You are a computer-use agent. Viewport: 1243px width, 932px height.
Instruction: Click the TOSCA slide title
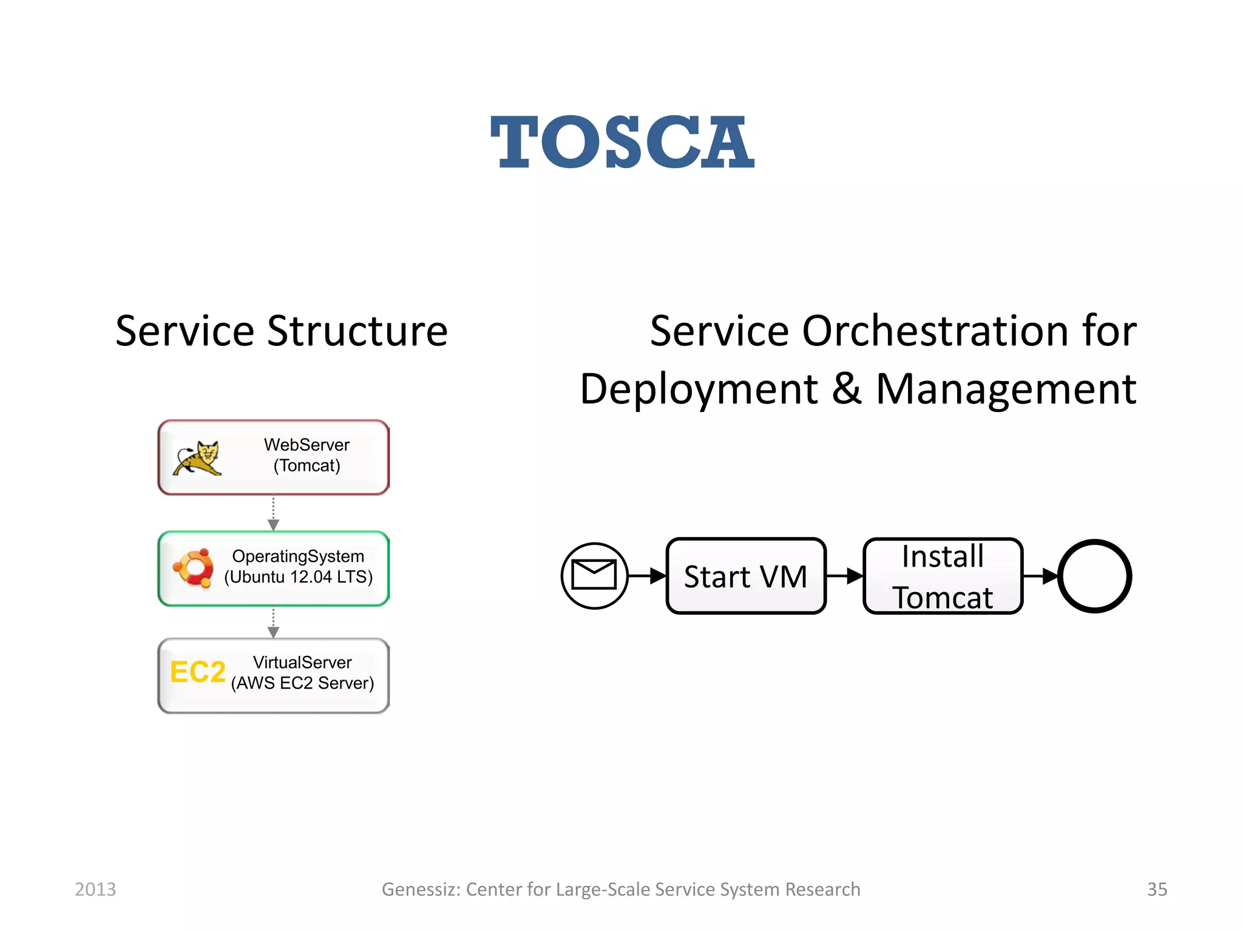click(622, 143)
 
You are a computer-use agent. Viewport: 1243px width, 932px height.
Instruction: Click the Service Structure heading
click(281, 332)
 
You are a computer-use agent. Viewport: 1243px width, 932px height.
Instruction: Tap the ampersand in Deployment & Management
click(847, 389)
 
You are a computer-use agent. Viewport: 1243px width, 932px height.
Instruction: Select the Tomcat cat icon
click(197, 458)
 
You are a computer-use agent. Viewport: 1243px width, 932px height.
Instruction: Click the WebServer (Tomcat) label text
click(307, 455)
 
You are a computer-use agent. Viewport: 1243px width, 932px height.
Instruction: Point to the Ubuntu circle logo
click(194, 568)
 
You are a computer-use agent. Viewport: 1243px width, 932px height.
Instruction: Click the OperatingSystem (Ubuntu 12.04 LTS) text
click(298, 567)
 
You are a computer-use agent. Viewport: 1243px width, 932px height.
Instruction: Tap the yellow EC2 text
click(197, 672)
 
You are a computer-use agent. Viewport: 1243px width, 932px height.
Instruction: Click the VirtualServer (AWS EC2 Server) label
click(302, 673)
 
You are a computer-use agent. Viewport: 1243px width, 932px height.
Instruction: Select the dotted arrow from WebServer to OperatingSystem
click(273, 513)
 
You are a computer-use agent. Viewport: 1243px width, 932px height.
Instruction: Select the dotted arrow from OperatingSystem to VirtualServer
click(273, 623)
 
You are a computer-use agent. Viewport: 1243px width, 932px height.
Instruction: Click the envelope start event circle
click(594, 575)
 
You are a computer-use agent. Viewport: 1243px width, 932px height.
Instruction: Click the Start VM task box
click(746, 576)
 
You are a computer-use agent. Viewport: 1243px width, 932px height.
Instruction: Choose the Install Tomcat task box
click(943, 576)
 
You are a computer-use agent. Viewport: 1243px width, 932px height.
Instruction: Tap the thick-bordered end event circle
click(1094, 576)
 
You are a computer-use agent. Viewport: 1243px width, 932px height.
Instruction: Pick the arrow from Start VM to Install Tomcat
click(844, 576)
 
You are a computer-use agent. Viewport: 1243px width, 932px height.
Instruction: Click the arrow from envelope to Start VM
click(647, 576)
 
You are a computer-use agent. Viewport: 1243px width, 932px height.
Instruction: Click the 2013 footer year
click(95, 890)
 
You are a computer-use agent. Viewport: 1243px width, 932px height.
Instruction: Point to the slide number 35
click(1157, 890)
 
